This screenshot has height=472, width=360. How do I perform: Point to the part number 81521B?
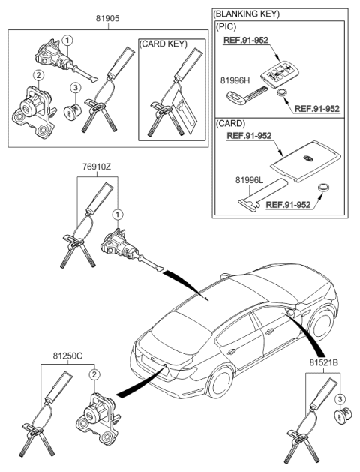click(x=324, y=362)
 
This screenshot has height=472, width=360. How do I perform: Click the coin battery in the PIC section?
click(x=283, y=95)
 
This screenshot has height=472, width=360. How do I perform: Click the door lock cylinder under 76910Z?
click(x=118, y=246)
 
